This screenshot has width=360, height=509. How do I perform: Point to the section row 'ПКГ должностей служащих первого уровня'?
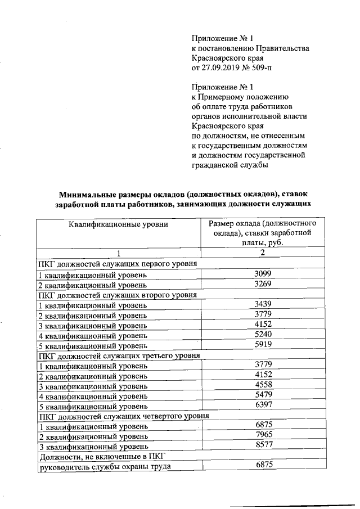tap(117, 264)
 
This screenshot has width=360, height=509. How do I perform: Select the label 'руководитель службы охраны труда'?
tap(103, 466)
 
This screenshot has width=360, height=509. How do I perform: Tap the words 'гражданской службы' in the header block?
tap(229, 165)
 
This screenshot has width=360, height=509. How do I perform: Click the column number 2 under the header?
tap(263, 253)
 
